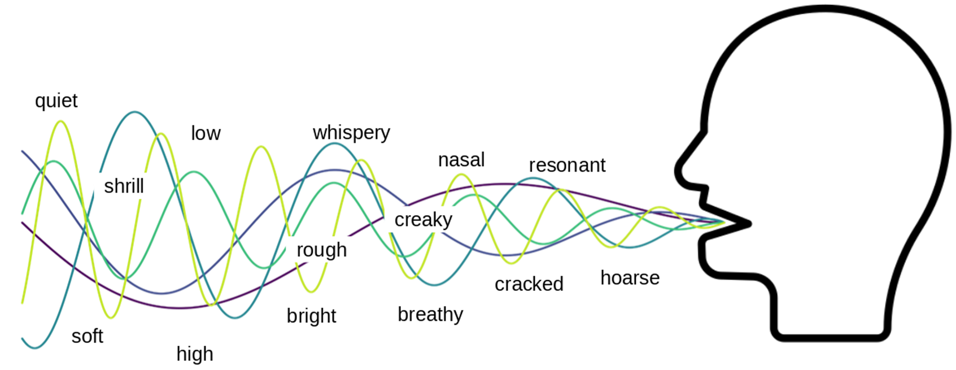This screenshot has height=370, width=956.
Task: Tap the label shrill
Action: [x=124, y=186]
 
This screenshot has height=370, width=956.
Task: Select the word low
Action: [x=206, y=133]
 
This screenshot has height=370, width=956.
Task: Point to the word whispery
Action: [x=351, y=133]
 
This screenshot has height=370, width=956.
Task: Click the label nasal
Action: [x=461, y=160]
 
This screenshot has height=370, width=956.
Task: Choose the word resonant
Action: [x=567, y=165]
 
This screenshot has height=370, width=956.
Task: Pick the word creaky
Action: [x=424, y=220]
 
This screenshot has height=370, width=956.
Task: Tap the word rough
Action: [x=322, y=250]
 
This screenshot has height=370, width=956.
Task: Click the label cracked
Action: [x=529, y=284]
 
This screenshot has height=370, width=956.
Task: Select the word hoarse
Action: [x=630, y=278]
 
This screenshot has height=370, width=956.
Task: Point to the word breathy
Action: [x=430, y=315]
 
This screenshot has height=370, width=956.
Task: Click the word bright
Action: [x=312, y=316]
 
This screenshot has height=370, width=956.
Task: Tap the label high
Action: [x=195, y=354]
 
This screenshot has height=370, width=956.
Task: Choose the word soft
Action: [x=88, y=336]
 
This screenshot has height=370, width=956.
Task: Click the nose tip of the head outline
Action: [x=678, y=172]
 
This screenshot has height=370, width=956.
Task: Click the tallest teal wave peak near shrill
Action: [x=135, y=112]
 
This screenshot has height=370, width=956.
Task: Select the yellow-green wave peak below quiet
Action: [x=61, y=121]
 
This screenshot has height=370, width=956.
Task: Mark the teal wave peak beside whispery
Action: [x=335, y=144]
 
